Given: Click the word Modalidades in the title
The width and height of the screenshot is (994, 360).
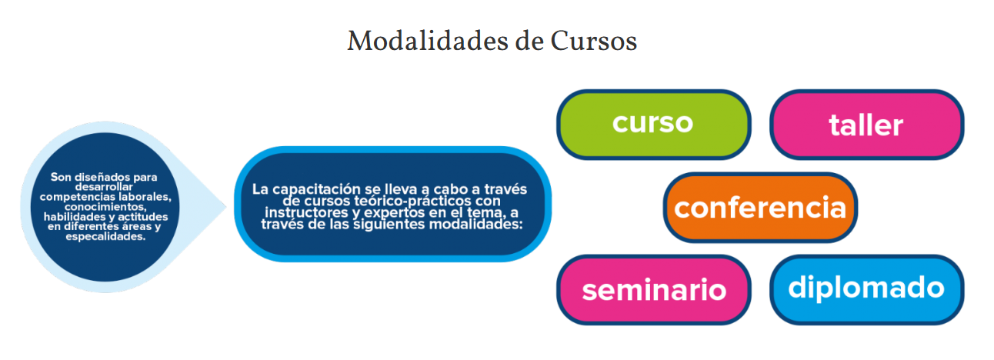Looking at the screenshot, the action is click(428, 41).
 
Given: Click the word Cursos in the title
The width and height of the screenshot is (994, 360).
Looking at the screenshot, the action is click(594, 41).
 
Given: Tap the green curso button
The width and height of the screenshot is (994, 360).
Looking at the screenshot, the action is click(654, 125).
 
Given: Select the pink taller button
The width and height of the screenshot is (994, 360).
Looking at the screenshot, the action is click(866, 125).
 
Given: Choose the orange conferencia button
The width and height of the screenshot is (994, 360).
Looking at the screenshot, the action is click(761, 208).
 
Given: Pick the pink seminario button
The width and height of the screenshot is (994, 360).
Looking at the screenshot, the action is click(654, 290).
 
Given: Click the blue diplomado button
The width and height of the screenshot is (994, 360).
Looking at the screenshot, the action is click(866, 290).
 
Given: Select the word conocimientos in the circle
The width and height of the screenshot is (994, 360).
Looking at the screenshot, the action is click(105, 207).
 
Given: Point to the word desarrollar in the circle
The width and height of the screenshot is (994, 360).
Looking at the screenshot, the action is click(104, 187).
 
